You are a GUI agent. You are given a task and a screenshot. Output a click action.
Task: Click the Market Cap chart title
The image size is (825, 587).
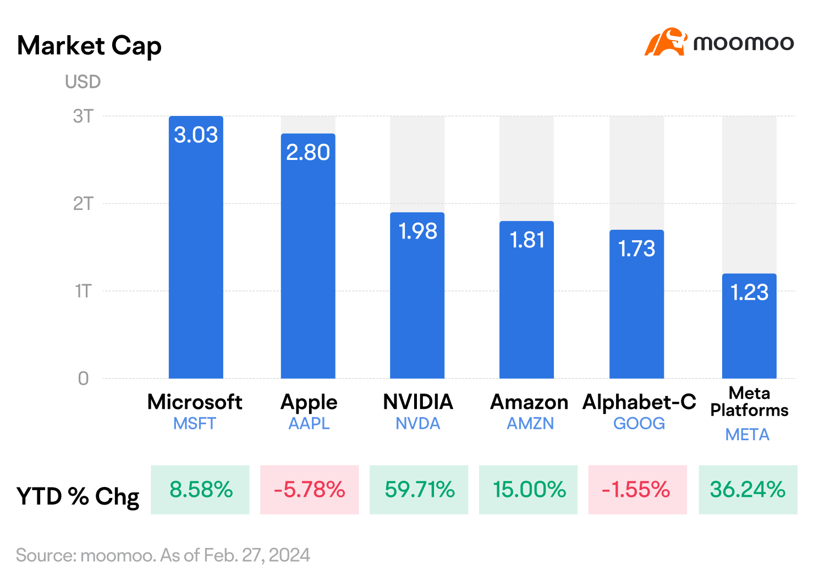(89, 46)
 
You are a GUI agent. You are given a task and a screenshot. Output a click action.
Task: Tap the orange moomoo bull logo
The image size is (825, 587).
(665, 42)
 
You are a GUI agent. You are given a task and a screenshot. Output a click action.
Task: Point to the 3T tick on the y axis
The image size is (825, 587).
(83, 117)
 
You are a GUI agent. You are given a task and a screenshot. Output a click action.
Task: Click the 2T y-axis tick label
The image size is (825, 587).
(83, 203)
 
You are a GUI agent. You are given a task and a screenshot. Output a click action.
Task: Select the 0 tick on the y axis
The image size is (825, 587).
(83, 378)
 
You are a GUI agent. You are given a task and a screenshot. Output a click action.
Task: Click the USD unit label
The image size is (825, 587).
(83, 82)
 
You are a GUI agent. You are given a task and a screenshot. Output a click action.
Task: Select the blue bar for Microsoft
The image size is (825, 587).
(196, 247)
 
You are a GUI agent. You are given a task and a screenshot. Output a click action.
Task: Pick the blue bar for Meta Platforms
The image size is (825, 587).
(749, 326)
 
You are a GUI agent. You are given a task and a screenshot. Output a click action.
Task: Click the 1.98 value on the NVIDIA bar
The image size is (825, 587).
(417, 231)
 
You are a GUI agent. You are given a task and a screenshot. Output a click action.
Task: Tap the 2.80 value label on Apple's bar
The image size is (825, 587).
(308, 152)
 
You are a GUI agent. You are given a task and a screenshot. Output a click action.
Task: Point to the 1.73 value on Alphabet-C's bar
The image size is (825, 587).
(636, 248)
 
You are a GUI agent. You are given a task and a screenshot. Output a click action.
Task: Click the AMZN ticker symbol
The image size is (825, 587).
(530, 424)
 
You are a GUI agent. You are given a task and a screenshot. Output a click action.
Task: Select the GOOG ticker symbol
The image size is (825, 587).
(639, 424)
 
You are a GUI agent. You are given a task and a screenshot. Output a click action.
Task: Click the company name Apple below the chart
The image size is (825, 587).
(309, 402)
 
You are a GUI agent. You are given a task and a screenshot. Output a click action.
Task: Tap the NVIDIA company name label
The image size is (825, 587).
(417, 402)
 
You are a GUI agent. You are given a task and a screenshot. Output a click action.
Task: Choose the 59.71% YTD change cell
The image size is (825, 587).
(419, 490)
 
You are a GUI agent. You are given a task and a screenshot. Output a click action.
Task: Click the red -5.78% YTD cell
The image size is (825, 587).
(309, 490)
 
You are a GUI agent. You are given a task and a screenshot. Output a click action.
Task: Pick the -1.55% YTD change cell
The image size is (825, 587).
(637, 490)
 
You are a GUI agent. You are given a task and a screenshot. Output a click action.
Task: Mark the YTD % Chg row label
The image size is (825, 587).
(78, 496)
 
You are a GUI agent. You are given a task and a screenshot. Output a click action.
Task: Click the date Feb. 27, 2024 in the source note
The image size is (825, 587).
(257, 555)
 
